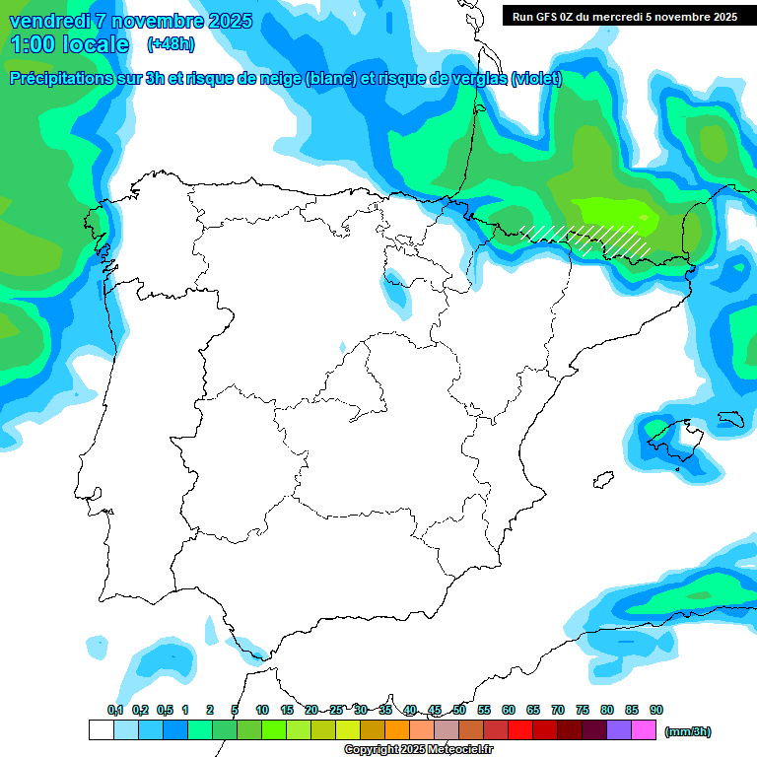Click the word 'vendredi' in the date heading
[49, 21]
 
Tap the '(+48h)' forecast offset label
[170, 43]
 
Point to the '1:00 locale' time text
[69, 44]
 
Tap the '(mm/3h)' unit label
[687, 731]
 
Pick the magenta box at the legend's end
[644, 730]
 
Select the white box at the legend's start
[101, 730]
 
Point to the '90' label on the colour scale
[656, 710]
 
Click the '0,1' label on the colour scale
[115, 710]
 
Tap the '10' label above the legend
[262, 710]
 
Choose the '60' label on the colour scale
[509, 710]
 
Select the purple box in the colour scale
[619, 730]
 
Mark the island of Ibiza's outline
[600, 481]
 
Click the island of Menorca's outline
[728, 418]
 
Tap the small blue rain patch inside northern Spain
[396, 287]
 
